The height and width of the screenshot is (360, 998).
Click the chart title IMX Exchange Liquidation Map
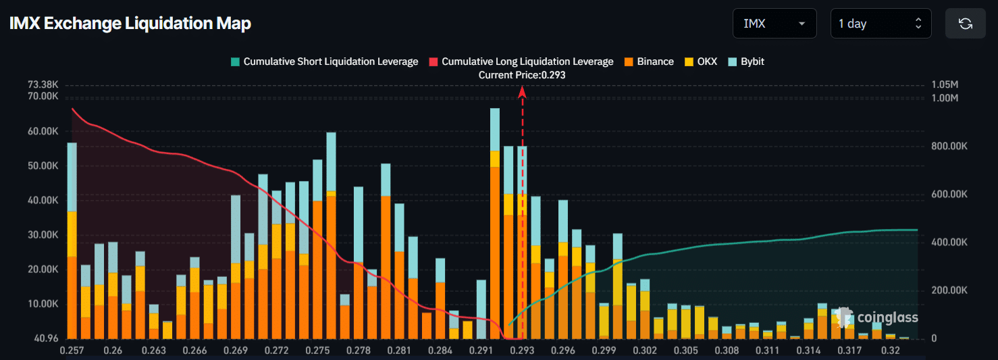coord(130,24)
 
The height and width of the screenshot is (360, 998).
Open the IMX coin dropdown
coord(774,24)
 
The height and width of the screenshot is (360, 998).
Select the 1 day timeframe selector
coord(880,24)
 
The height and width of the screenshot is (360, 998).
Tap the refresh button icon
coord(965,24)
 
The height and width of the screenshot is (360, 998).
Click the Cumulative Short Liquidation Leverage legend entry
coord(324,61)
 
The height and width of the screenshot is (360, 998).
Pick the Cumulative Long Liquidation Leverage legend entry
coord(521,61)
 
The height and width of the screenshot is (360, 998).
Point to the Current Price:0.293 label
coord(522,75)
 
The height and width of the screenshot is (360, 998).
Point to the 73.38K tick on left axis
coord(43,85)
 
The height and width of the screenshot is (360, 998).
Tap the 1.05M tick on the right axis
coord(944,85)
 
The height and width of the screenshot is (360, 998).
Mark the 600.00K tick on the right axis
coord(949,195)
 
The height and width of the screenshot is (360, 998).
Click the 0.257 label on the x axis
coord(72,351)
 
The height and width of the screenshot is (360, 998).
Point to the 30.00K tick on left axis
coord(43,234)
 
